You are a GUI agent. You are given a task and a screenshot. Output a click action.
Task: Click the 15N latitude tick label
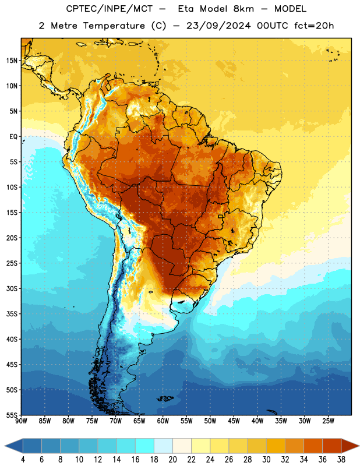pos(12,61)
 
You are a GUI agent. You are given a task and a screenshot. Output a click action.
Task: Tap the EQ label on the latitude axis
pos(13,137)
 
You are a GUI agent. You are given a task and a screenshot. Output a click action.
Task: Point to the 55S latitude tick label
pos(12,415)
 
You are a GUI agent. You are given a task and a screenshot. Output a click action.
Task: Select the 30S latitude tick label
pos(12,288)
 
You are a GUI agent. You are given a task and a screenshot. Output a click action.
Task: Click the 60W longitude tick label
pos(163,421)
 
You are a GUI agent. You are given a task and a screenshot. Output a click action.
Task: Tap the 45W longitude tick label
pos(234,421)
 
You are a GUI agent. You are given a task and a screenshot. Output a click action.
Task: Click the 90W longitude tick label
pos(21,421)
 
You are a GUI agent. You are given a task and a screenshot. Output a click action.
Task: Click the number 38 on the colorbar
pos(341,460)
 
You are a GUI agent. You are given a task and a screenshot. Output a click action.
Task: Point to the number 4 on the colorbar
pos(23,460)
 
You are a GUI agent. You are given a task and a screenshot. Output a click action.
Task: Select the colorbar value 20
pos(172,460)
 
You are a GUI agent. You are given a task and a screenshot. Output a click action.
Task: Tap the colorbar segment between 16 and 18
pos(145,446)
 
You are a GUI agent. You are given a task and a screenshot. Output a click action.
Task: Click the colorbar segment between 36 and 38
pos(332,446)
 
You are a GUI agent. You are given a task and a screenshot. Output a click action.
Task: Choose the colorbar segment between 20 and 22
pos(182,446)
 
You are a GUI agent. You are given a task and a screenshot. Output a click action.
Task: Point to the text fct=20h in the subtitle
pos(314,26)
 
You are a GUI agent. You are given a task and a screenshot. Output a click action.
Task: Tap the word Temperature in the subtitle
pos(114,26)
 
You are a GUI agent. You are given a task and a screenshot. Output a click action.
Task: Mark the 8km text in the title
pos(243,9)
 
